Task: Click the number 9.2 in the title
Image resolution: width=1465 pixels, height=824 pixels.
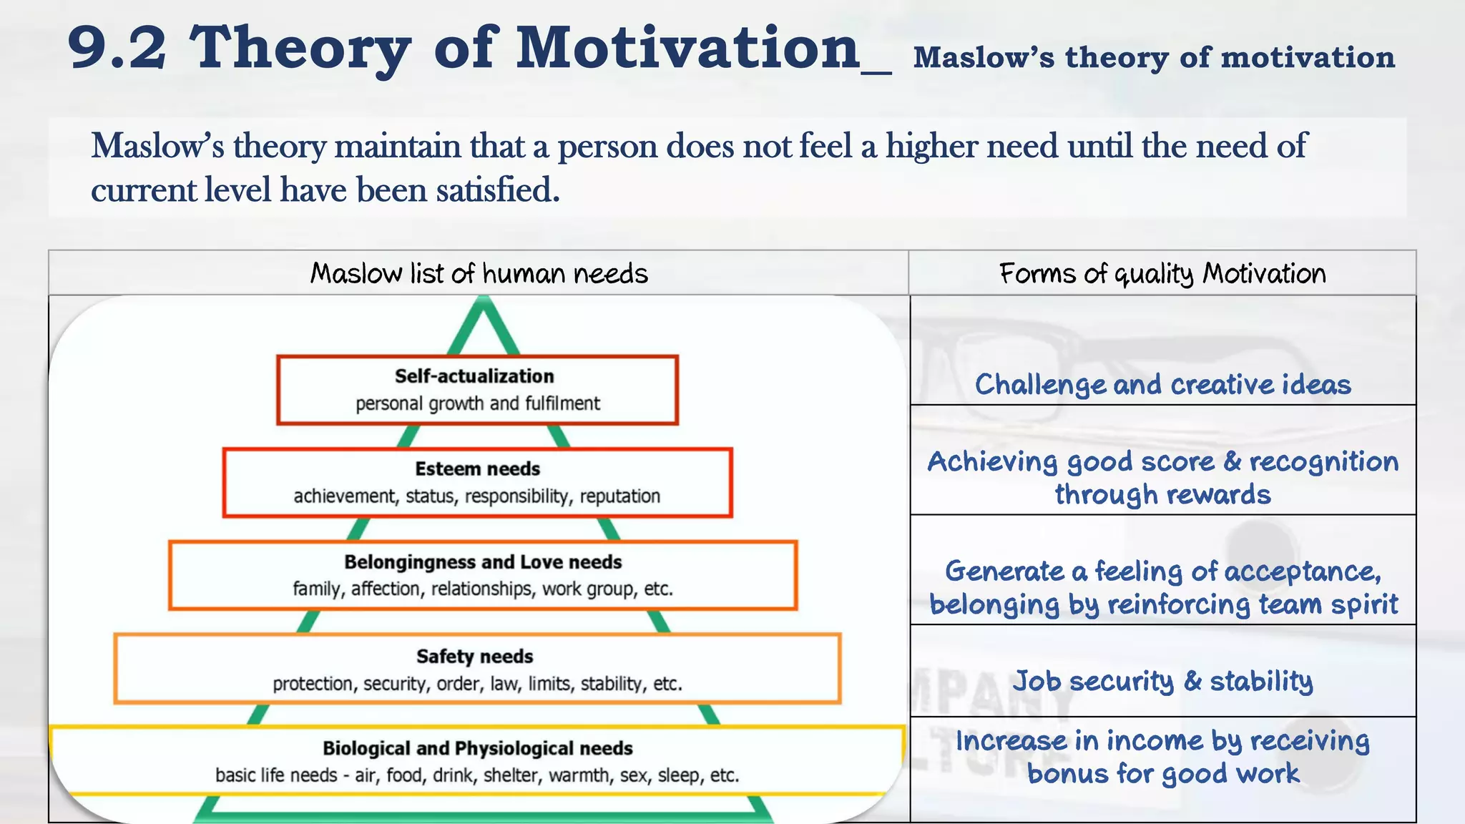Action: [117, 49]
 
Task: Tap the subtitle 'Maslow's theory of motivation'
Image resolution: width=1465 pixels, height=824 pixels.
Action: [1154, 57]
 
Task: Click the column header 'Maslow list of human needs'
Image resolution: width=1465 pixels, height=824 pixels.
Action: [479, 273]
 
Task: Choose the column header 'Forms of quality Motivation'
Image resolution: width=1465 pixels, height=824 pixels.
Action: [1162, 273]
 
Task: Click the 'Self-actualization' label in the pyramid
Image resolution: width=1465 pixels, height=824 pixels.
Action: [474, 376]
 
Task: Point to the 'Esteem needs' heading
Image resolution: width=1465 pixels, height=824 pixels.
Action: [477, 469]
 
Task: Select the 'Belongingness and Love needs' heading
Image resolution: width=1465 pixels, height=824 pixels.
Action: [483, 562]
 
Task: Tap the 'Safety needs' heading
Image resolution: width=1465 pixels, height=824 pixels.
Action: [475, 657]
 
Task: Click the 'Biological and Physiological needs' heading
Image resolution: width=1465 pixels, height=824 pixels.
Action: [477, 748]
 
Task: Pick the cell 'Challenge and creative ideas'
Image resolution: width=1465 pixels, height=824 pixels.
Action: [1162, 385]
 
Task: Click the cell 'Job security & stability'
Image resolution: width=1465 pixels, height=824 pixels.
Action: [1162, 681]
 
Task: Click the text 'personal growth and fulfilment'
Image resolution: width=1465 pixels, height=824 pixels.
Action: [477, 403]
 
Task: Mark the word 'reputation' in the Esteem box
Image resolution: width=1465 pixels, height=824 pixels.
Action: [619, 496]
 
